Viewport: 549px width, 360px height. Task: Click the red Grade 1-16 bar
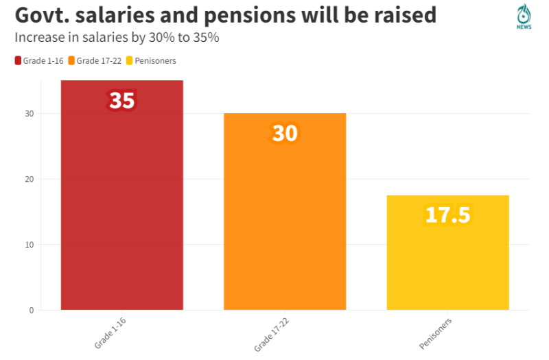pyautogui.click(x=122, y=206)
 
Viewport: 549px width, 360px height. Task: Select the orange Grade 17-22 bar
pyautogui.click(x=285, y=219)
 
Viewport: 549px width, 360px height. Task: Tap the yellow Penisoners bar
pyautogui.click(x=447, y=261)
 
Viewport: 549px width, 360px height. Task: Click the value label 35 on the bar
pyautogui.click(x=121, y=101)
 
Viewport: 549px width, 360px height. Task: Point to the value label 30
pyautogui.click(x=285, y=133)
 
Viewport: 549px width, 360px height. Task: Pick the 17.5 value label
pyautogui.click(x=447, y=215)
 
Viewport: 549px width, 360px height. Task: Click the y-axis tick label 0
pyautogui.click(x=32, y=310)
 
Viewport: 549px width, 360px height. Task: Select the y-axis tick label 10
pyautogui.click(x=30, y=245)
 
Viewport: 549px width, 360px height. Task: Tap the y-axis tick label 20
pyautogui.click(x=30, y=179)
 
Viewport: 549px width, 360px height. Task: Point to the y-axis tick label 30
pyautogui.click(x=30, y=113)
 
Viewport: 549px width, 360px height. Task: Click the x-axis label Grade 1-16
pyautogui.click(x=110, y=333)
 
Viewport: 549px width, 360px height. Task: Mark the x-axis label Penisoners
pyautogui.click(x=435, y=333)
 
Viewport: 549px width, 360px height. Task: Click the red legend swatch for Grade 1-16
pyautogui.click(x=18, y=61)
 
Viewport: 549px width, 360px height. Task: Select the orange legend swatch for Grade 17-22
pyautogui.click(x=71, y=61)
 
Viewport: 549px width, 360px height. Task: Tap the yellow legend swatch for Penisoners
pyautogui.click(x=129, y=61)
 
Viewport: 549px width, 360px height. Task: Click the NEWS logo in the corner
pyautogui.click(x=524, y=16)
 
